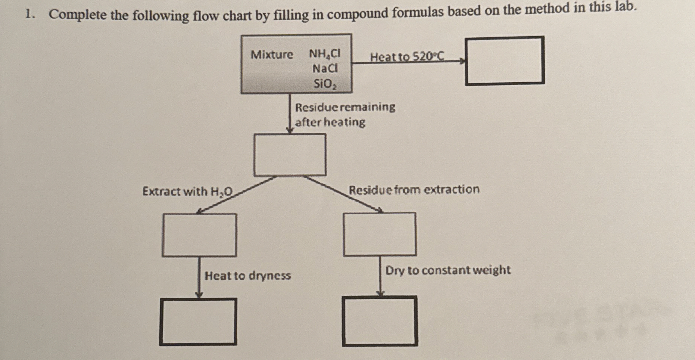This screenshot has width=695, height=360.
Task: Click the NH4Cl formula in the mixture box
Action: pyautogui.click(x=324, y=54)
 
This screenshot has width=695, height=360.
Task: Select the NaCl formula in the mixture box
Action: pyautogui.click(x=325, y=69)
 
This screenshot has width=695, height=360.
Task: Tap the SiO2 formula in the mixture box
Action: pyautogui.click(x=325, y=84)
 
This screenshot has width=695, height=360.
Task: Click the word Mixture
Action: pyautogui.click(x=272, y=55)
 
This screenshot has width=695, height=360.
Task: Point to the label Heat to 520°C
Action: pyautogui.click(x=407, y=57)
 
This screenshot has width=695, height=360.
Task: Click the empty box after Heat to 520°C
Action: pyautogui.click(x=505, y=60)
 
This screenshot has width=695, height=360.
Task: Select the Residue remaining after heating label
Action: pyautogui.click(x=345, y=115)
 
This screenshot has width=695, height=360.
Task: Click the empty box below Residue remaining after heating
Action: pyautogui.click(x=290, y=155)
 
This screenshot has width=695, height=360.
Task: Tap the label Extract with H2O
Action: pyautogui.click(x=187, y=192)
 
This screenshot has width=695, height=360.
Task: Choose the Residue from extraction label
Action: pyautogui.click(x=414, y=190)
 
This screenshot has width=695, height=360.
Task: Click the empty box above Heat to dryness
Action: pyautogui.click(x=199, y=235)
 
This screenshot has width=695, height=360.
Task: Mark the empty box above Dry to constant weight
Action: pyautogui.click(x=380, y=235)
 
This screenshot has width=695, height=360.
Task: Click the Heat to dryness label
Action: pyautogui.click(x=247, y=276)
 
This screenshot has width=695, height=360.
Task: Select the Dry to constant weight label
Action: pyautogui.click(x=448, y=270)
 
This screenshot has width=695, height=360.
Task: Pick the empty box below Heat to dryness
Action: pyautogui.click(x=198, y=322)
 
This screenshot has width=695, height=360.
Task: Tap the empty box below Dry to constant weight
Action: pyautogui.click(x=380, y=321)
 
